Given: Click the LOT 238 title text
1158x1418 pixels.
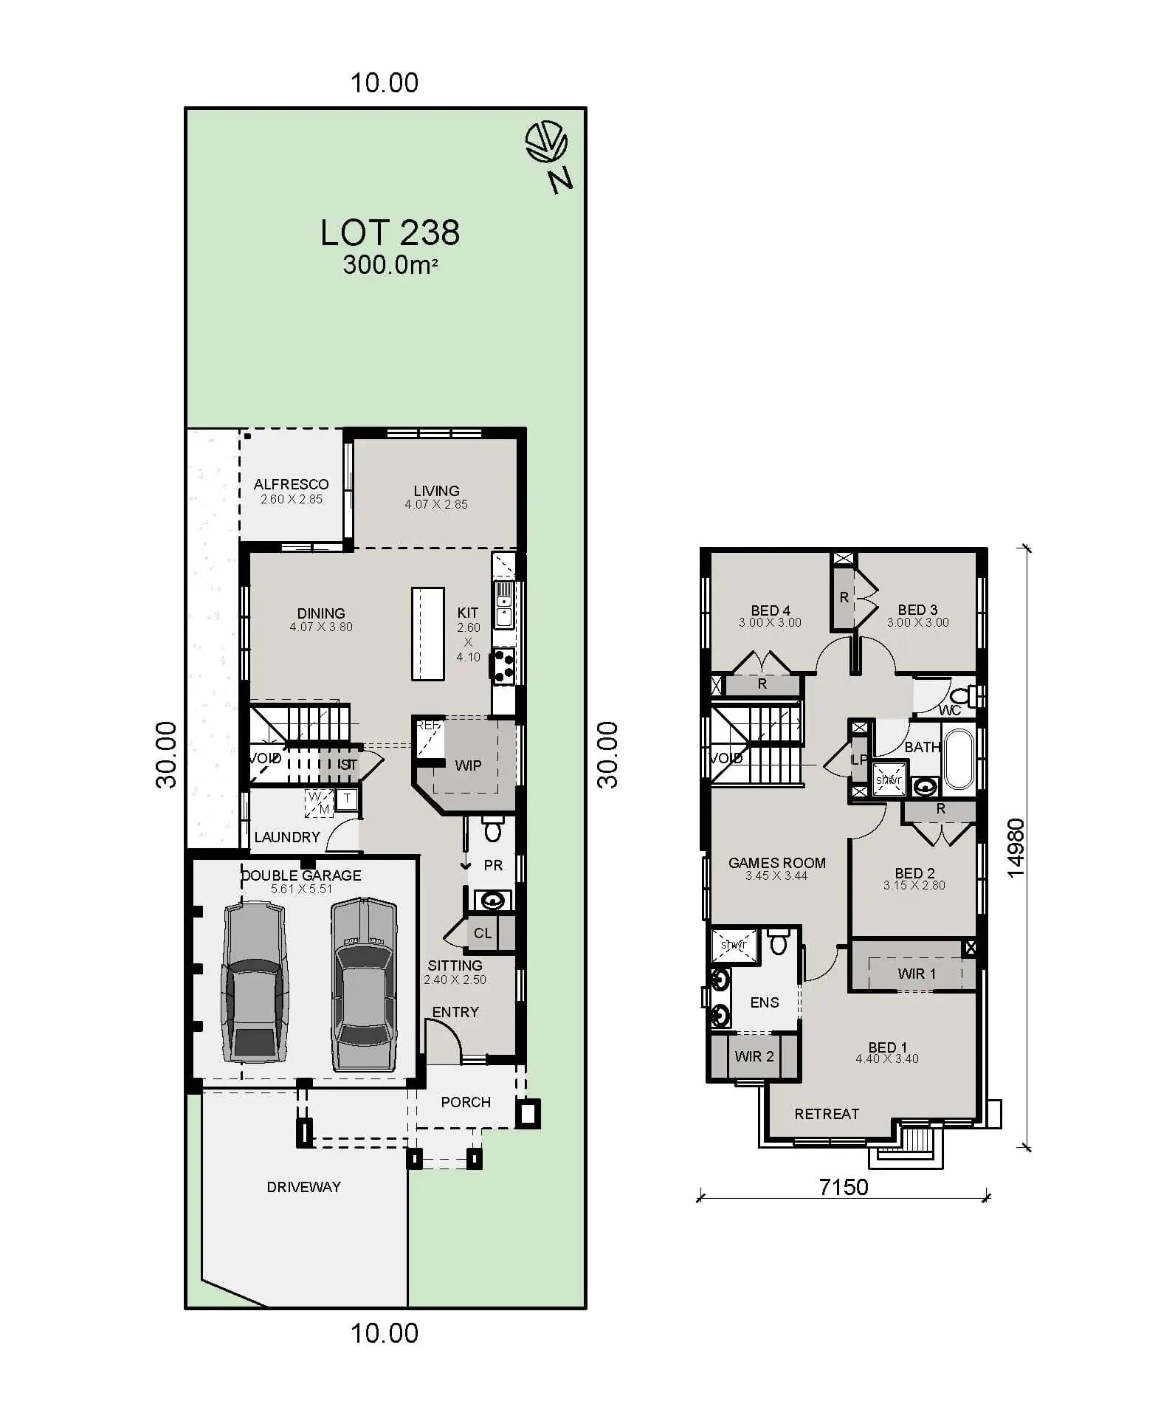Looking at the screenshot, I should pyautogui.click(x=389, y=233).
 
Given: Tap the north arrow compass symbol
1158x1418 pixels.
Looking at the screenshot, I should pyautogui.click(x=547, y=142).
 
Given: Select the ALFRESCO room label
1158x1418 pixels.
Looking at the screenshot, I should pyautogui.click(x=291, y=484).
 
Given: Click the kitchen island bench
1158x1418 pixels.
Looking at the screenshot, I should pyautogui.click(x=427, y=633).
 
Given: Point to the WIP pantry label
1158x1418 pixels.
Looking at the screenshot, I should pyautogui.click(x=468, y=765).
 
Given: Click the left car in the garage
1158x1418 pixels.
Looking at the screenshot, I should pyautogui.click(x=254, y=981).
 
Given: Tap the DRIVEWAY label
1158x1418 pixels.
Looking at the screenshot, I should pyautogui.click(x=303, y=1187).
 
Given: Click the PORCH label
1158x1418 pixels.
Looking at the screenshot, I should pyautogui.click(x=465, y=1102).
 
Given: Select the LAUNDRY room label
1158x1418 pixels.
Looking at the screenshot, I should pyautogui.click(x=287, y=837).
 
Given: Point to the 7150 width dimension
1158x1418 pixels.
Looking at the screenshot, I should pyautogui.click(x=843, y=1187).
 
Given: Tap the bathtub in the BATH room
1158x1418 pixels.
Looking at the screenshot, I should pyautogui.click(x=959, y=759).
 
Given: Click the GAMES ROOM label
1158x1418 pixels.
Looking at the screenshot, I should pyautogui.click(x=776, y=863).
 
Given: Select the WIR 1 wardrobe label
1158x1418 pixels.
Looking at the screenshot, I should pyautogui.click(x=916, y=974).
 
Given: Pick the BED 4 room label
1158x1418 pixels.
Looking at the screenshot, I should pyautogui.click(x=770, y=610).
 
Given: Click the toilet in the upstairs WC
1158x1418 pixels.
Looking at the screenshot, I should pyautogui.click(x=959, y=696).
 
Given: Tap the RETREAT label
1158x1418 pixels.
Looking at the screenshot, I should pyautogui.click(x=826, y=1114).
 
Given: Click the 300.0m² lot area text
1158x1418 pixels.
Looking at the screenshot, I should pyautogui.click(x=389, y=265).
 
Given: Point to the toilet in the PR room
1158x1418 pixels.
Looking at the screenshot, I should pyautogui.click(x=492, y=831).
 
